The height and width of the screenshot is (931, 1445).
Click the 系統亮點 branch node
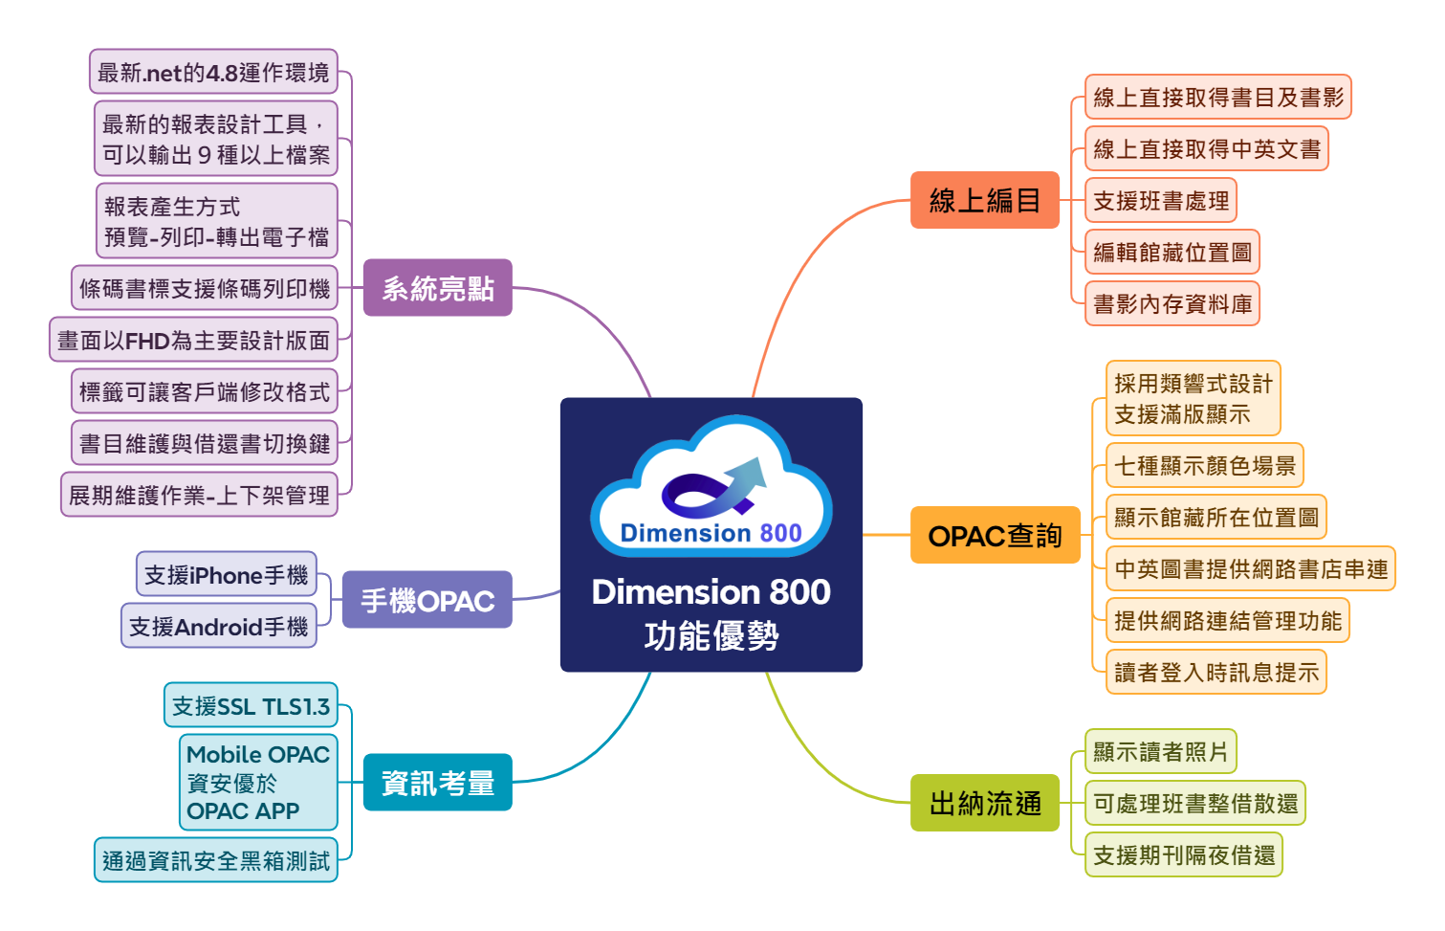pos(437,287)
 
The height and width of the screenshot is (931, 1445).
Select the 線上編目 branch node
pos(984,200)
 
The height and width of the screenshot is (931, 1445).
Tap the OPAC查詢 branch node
pos(995,535)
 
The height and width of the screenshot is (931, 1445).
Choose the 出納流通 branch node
pos(985,803)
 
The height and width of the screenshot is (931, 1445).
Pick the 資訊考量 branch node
pos(437,783)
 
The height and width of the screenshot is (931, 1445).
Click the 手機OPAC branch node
pos(427,600)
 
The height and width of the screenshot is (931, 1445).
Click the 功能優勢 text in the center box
pos(711,635)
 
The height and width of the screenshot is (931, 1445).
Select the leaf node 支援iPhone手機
pos(226,574)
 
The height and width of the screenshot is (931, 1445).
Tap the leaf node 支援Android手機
pos(218,626)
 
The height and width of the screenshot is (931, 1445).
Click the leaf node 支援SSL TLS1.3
pos(251,706)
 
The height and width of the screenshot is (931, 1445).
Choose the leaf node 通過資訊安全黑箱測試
pos(215,860)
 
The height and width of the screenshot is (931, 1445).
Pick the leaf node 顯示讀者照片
pos(1160,751)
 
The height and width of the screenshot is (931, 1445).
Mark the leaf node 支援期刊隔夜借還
pos(1183,854)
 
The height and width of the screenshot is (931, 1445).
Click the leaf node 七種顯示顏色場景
pos(1204,465)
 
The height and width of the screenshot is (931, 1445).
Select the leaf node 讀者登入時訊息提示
pos(1215,672)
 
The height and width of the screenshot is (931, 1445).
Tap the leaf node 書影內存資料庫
pos(1171,303)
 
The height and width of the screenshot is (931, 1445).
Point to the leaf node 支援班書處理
pos(1160,200)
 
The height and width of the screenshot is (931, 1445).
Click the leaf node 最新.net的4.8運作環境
pos(213,72)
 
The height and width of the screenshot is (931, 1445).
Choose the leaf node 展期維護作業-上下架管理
pos(199,495)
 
